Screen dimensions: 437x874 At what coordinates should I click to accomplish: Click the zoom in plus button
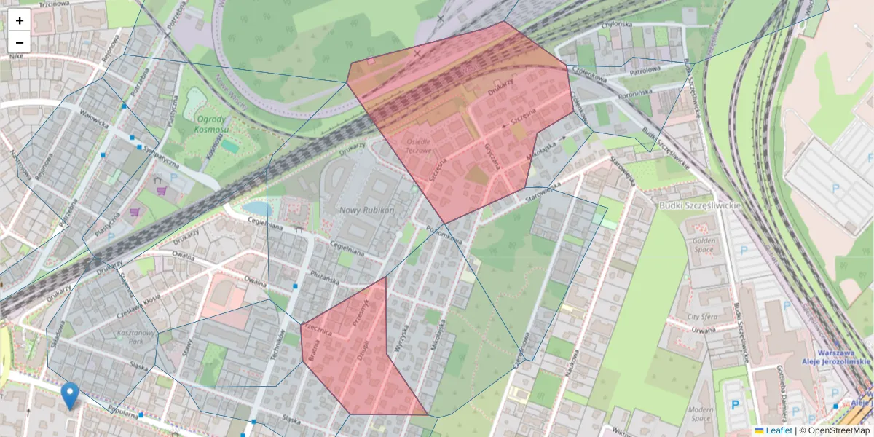tap(20, 20)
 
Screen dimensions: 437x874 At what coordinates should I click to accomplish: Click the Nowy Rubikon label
tap(367, 210)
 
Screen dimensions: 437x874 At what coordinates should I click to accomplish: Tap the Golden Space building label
tap(704, 245)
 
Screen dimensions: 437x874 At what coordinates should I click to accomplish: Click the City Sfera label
tap(703, 317)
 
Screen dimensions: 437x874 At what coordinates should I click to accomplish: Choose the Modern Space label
tap(701, 414)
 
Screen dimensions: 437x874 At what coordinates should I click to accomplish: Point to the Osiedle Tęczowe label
tap(418, 145)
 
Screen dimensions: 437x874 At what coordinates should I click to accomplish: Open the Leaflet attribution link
tap(779, 430)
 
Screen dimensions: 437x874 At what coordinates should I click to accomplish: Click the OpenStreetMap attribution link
tap(838, 430)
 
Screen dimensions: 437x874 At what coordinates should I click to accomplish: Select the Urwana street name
tap(703, 330)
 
